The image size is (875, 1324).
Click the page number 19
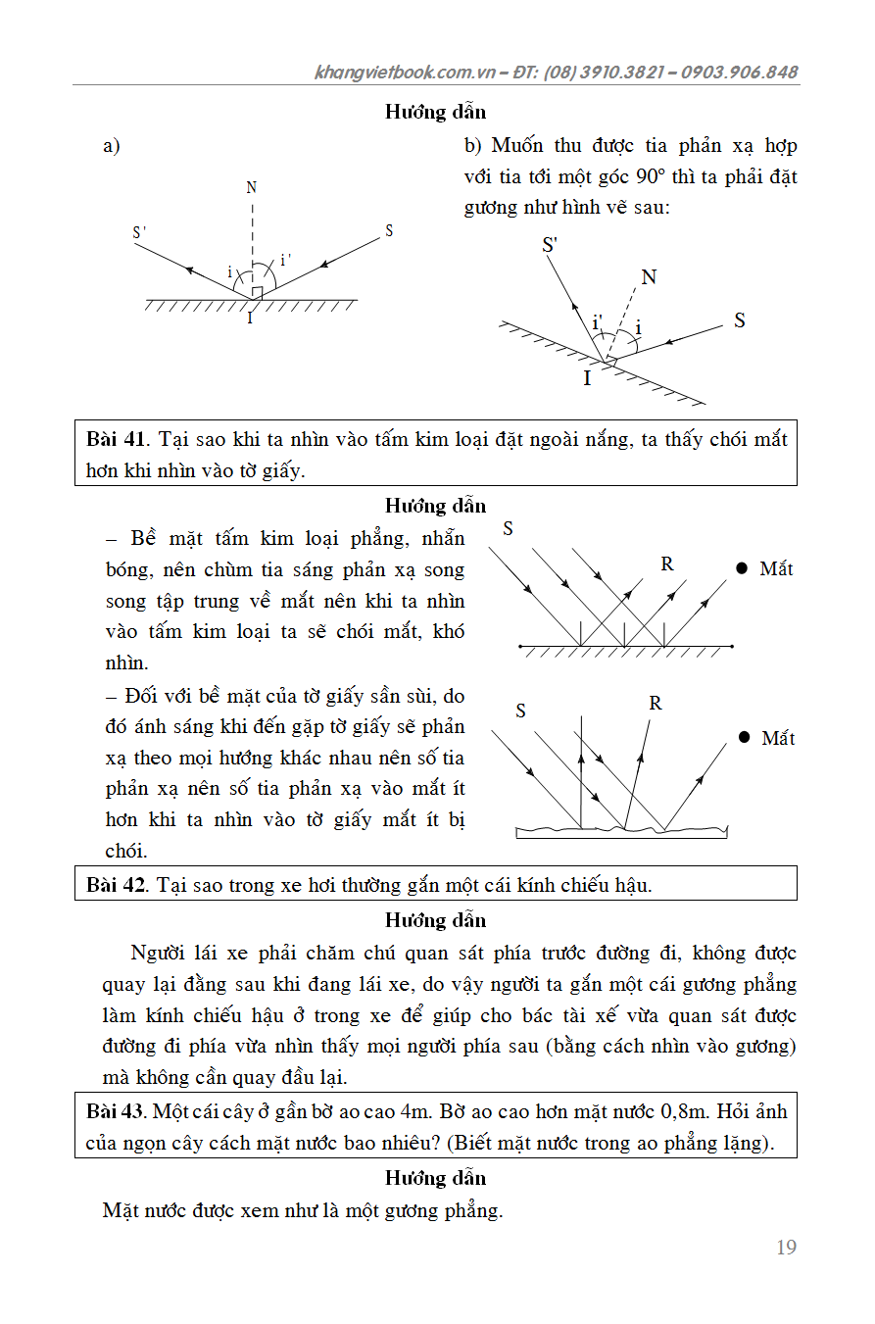[x=786, y=1247]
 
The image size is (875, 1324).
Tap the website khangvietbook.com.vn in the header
[x=406, y=73]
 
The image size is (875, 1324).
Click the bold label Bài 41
[x=116, y=439]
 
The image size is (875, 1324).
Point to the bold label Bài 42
[x=116, y=885]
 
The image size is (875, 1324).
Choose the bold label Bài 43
[x=116, y=1112]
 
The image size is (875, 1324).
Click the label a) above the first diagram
[x=112, y=147]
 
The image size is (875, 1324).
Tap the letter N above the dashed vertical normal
[x=252, y=187]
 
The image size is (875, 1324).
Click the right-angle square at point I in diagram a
[x=257, y=293]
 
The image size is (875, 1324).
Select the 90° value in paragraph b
[x=647, y=177]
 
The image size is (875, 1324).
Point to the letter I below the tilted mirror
[x=587, y=378]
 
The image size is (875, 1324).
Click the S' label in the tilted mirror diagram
[x=551, y=245]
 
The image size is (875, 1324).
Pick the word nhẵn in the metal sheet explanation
[x=440, y=538]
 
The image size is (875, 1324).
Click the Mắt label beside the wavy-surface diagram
[x=778, y=738]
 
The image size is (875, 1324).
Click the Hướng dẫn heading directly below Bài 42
[x=435, y=920]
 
